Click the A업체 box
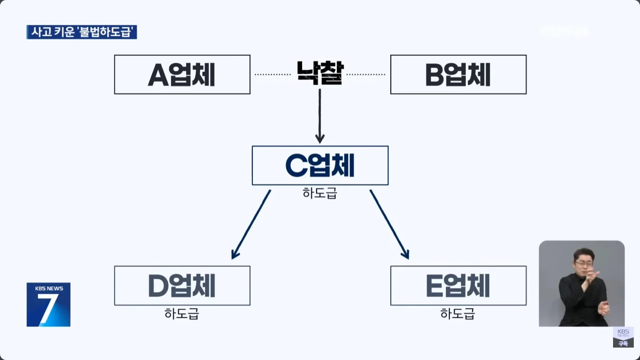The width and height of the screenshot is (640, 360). click(182, 75)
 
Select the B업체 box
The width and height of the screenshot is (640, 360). click(458, 75)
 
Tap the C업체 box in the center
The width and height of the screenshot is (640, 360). click(320, 165)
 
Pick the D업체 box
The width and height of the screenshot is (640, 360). click(182, 285)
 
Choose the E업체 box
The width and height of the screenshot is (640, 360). click(458, 285)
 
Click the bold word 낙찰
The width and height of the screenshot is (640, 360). click(319, 74)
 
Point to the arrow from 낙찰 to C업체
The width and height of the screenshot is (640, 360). click(320, 117)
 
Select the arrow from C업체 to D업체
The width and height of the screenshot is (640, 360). click(251, 224)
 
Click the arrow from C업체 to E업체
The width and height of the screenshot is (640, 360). click(389, 224)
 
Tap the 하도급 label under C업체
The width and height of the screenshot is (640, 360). click(320, 193)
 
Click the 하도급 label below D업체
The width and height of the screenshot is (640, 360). click(182, 313)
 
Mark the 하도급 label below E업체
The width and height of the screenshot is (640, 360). click(458, 313)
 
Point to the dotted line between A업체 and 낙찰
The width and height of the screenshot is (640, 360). click(273, 75)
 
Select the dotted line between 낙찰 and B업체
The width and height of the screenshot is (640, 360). click(366, 75)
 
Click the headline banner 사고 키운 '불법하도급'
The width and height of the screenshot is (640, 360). click(82, 32)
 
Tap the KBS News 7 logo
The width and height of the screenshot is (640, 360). click(48, 305)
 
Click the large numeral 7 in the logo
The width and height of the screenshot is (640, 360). click(48, 309)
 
